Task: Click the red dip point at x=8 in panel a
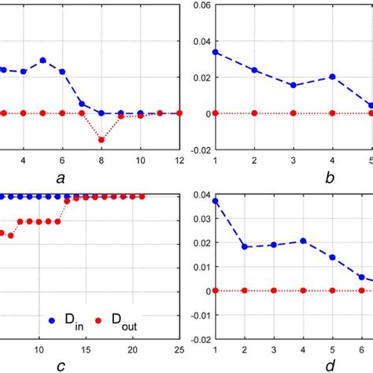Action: (x=102, y=140)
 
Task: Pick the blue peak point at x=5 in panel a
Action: (x=43, y=61)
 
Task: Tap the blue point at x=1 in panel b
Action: (x=216, y=53)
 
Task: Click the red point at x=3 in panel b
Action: (x=294, y=113)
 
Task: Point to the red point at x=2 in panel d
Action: (x=245, y=291)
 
